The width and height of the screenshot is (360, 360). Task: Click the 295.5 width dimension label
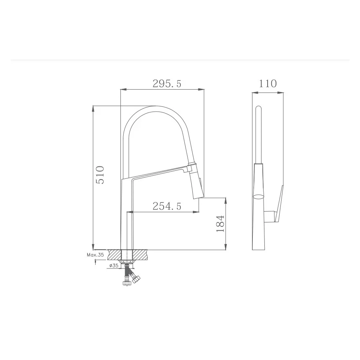tap(167, 84)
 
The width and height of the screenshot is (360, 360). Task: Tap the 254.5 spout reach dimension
tap(167, 206)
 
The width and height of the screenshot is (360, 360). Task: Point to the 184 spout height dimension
tap(220, 224)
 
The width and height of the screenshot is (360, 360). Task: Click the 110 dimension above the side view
tap(268, 84)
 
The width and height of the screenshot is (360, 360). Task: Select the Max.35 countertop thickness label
tap(95, 254)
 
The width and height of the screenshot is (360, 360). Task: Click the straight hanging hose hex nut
tap(127, 283)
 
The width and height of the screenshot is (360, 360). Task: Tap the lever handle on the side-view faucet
tap(278, 204)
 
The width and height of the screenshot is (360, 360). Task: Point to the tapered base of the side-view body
tap(259, 236)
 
